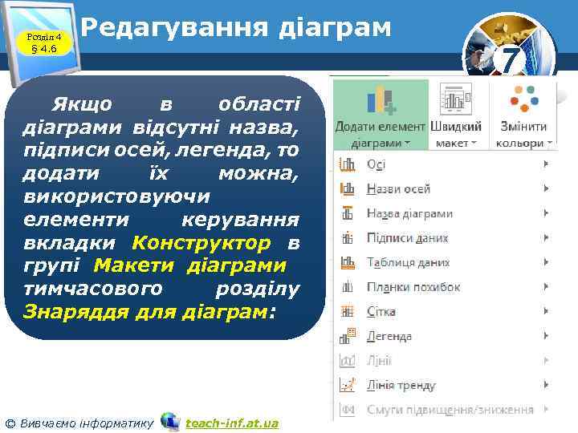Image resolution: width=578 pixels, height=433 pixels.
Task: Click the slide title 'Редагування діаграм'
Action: (236, 28)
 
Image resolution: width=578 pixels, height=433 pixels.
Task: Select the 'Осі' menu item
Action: (376, 164)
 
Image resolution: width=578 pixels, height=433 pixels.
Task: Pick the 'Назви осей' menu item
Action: (398, 189)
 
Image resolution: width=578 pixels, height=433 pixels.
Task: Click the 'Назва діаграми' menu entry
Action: (409, 214)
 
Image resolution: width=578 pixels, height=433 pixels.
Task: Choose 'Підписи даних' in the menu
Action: (407, 238)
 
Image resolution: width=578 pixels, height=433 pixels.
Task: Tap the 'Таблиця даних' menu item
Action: (407, 262)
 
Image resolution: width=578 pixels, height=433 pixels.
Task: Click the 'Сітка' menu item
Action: (381, 312)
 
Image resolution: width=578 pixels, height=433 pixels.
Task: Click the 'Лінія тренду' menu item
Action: (401, 386)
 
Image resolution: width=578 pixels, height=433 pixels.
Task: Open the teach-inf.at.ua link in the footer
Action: (232, 423)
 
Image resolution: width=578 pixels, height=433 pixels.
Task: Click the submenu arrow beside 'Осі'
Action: (546, 164)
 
